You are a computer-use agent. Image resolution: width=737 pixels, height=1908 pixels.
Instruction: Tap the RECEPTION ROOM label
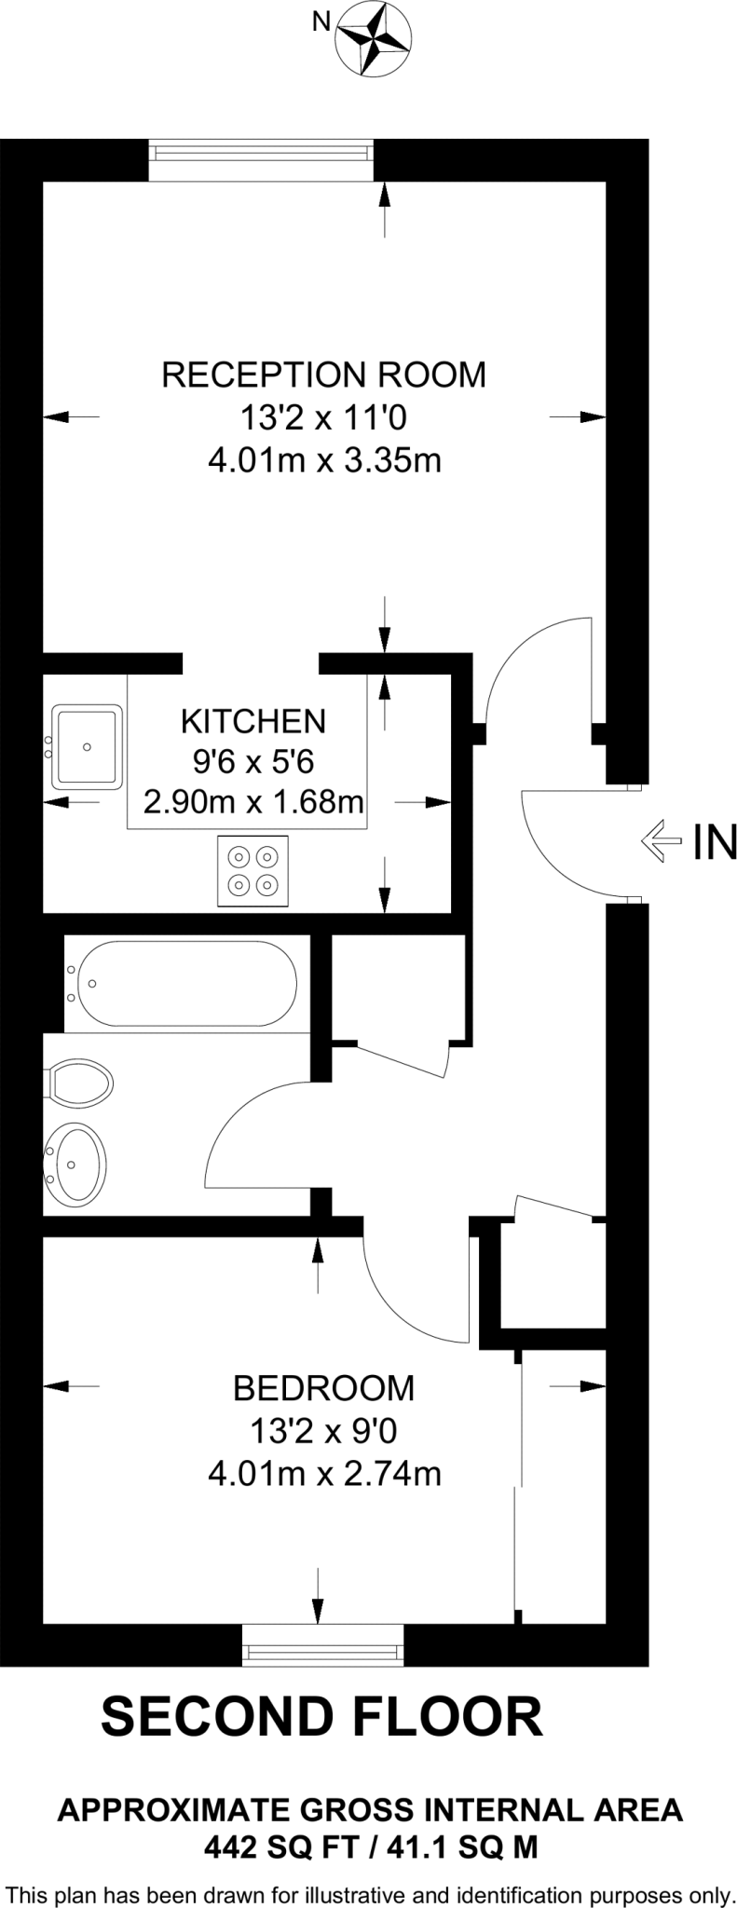click(323, 375)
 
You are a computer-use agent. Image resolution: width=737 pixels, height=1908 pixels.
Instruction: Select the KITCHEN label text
click(252, 721)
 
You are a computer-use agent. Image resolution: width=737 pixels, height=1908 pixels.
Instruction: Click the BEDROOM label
click(323, 1388)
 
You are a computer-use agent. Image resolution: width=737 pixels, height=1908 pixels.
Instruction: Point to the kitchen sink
click(88, 747)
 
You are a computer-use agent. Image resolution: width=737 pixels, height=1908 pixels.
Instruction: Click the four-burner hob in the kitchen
click(252, 871)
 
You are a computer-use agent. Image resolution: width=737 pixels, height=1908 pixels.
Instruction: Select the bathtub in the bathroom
click(186, 984)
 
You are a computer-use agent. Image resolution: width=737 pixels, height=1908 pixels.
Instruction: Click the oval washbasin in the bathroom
click(77, 1164)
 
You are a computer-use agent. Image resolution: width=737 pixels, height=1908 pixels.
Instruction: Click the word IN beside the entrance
click(715, 842)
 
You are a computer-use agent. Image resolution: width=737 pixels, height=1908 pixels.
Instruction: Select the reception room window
click(261, 160)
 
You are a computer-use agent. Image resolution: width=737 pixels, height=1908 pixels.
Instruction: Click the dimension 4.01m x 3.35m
click(323, 460)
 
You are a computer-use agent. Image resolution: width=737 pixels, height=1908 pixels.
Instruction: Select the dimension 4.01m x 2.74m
click(323, 1474)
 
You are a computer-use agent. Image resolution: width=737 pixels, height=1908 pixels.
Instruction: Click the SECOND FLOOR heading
click(321, 1716)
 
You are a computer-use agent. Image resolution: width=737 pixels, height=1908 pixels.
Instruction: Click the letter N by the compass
click(321, 20)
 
